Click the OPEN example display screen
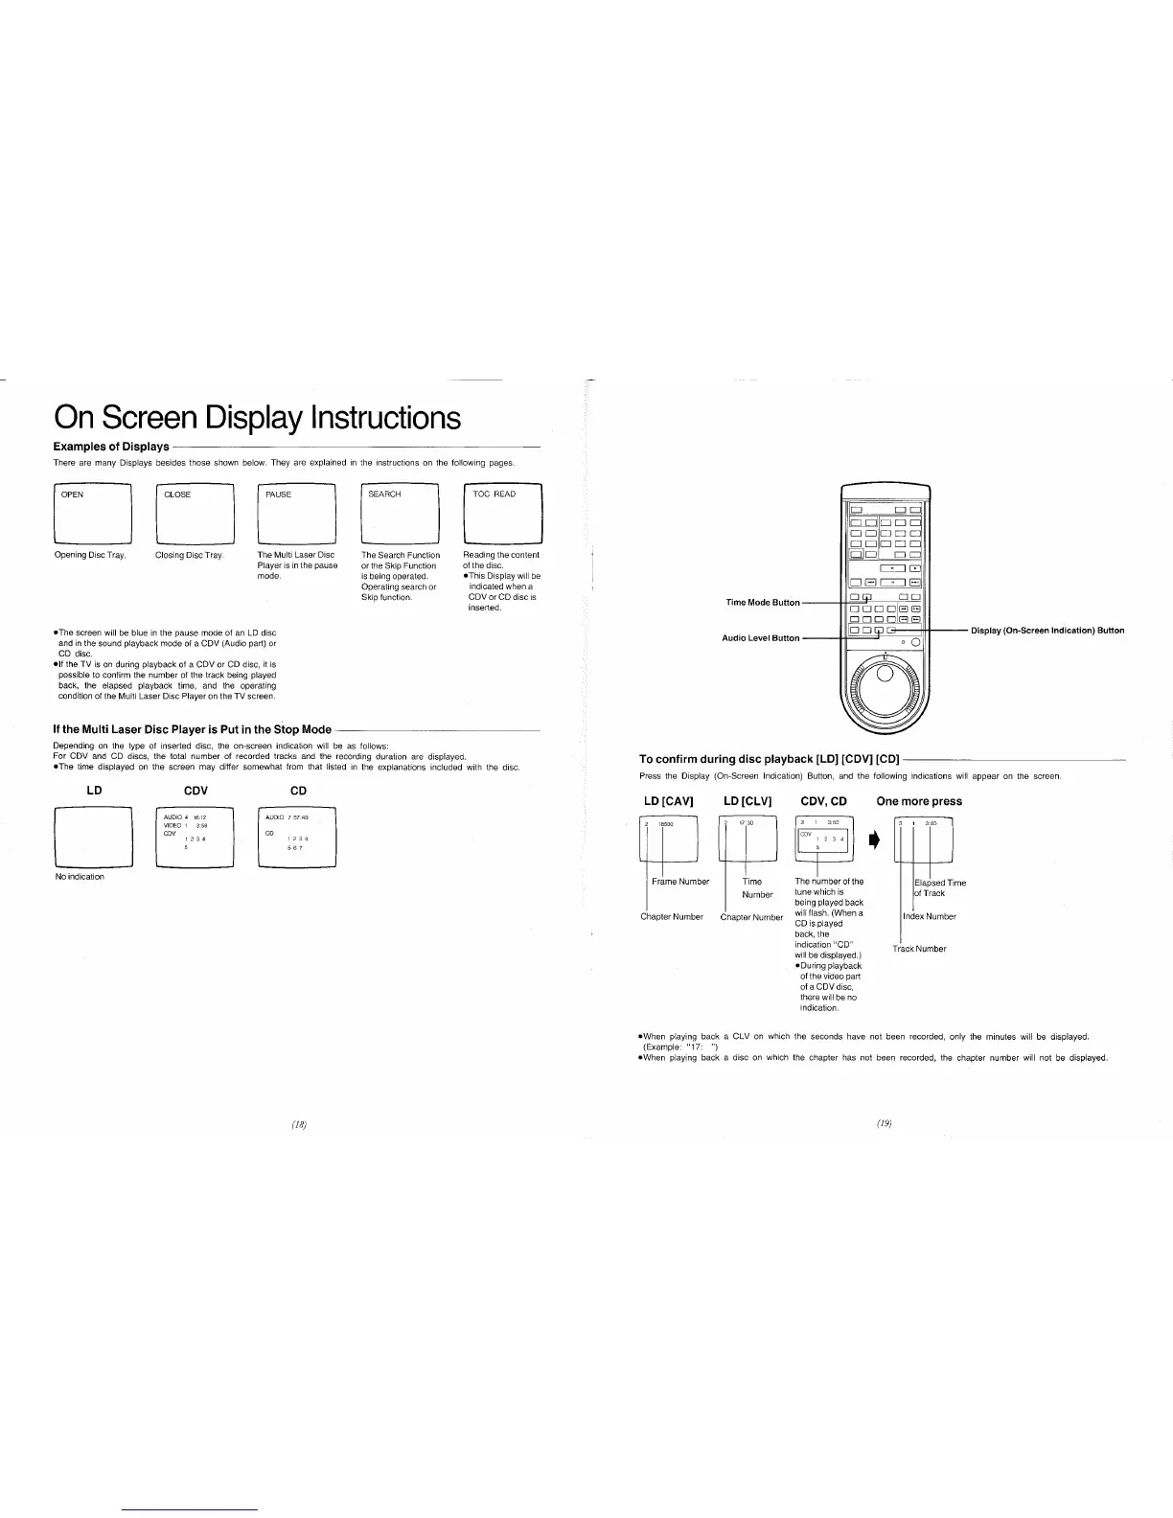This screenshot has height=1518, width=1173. click(x=92, y=514)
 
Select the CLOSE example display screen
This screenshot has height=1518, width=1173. click(x=195, y=514)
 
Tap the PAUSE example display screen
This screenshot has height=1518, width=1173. click(x=297, y=514)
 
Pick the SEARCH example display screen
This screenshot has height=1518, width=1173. click(x=400, y=514)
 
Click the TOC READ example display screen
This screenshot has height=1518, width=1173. click(x=502, y=514)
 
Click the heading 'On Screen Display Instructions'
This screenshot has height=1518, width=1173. click(x=257, y=418)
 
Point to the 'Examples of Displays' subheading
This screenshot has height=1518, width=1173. click(x=110, y=447)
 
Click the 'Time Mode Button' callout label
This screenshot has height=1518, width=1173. click(x=763, y=602)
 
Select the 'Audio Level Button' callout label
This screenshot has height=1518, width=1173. click(x=760, y=637)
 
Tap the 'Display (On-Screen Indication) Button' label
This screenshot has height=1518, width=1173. click(x=1047, y=631)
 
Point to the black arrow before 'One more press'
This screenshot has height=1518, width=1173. click(x=873, y=841)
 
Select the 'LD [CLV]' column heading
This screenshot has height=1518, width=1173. click(x=747, y=801)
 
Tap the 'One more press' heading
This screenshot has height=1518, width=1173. click(x=919, y=801)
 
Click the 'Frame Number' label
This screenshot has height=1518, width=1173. click(x=680, y=882)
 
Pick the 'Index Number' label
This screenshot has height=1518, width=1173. click(x=929, y=916)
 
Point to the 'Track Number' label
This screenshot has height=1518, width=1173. click(x=919, y=949)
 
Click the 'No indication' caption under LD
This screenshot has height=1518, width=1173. click(x=80, y=877)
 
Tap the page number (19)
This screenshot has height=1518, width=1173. click(x=884, y=1122)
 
